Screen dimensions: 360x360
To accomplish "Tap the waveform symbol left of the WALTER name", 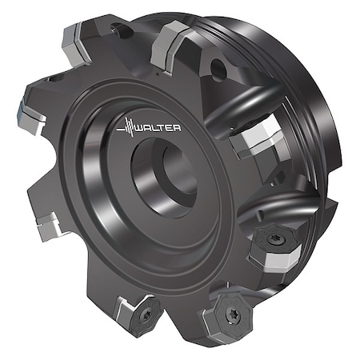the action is tap(127, 127).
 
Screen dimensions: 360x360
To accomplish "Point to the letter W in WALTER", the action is tap(141, 128).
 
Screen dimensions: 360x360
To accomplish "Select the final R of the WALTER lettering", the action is tap(178, 128).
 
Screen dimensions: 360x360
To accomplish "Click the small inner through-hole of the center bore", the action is tap(179, 170).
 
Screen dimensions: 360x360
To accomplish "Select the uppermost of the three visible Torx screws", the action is tap(274, 238).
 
